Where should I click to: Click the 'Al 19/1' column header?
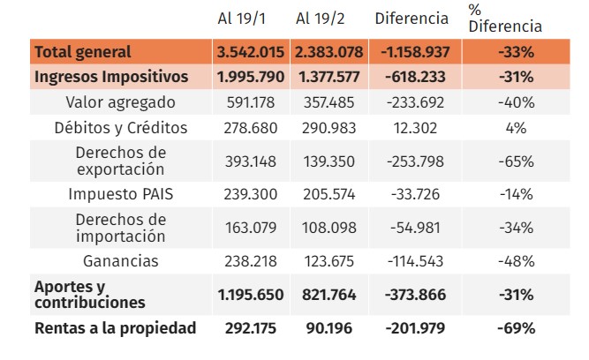click(242, 19)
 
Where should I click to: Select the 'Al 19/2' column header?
click(320, 19)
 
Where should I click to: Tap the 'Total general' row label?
click(83, 52)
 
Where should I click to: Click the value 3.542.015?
click(251, 52)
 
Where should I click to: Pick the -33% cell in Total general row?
click(516, 52)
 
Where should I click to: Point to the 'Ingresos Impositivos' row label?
click(111, 77)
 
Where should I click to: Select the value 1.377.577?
click(329, 77)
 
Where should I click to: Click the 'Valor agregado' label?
click(121, 102)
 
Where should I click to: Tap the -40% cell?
click(516, 102)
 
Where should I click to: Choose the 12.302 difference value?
click(415, 128)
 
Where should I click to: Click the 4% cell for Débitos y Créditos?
click(516, 128)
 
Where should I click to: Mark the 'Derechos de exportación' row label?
click(121, 161)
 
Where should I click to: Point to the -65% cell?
click(516, 161)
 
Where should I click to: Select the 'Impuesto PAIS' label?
click(121, 194)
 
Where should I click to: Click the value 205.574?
click(329, 194)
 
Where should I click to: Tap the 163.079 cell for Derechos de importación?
click(251, 228)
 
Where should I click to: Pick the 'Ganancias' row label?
click(121, 261)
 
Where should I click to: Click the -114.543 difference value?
click(415, 261)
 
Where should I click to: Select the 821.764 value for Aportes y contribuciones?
click(329, 295)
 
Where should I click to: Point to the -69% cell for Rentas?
click(516, 328)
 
